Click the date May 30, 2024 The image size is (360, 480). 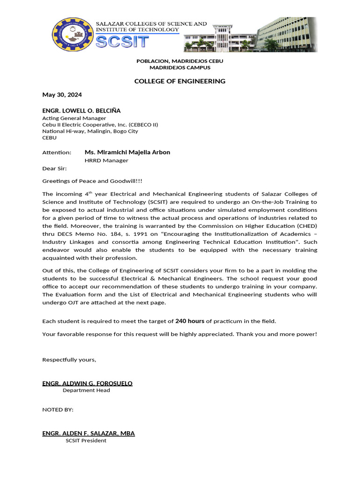62,95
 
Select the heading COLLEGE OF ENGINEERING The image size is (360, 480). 180,81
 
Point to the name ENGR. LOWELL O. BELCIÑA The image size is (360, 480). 81,111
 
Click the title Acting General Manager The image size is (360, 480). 74,118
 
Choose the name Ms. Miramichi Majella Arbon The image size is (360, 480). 127,152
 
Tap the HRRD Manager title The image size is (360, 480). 106,160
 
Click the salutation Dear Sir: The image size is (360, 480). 54,168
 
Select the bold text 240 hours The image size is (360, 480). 189,321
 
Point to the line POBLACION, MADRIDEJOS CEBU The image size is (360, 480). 180,61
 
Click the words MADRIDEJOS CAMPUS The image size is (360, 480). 180,67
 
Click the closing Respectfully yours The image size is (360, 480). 69,360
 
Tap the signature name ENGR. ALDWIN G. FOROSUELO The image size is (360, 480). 87,383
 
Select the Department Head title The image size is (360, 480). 86,390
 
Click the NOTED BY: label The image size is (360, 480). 58,410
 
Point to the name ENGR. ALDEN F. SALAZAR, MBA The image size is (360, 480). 88,434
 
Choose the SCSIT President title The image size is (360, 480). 86,441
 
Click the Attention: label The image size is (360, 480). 57,153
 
